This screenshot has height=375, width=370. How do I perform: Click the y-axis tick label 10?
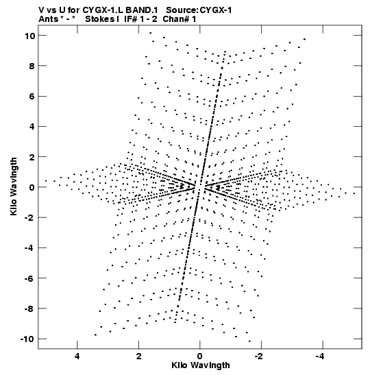29,36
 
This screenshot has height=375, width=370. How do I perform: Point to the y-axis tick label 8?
32,66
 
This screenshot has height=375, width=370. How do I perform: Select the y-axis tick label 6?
32,97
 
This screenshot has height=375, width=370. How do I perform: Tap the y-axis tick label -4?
29,248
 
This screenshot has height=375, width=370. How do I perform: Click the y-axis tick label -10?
27,339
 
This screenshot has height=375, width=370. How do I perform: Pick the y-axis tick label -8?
29,309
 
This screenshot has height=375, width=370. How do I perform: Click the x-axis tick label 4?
77,356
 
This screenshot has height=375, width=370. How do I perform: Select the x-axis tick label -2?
258,356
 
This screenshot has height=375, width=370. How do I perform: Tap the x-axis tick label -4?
320,356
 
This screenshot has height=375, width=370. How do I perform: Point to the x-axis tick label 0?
199,356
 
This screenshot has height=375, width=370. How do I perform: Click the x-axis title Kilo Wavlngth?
201,365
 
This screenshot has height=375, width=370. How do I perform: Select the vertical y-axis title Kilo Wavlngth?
14,186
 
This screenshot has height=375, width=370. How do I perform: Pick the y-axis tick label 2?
32,157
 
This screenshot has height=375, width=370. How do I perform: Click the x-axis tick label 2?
138,356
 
